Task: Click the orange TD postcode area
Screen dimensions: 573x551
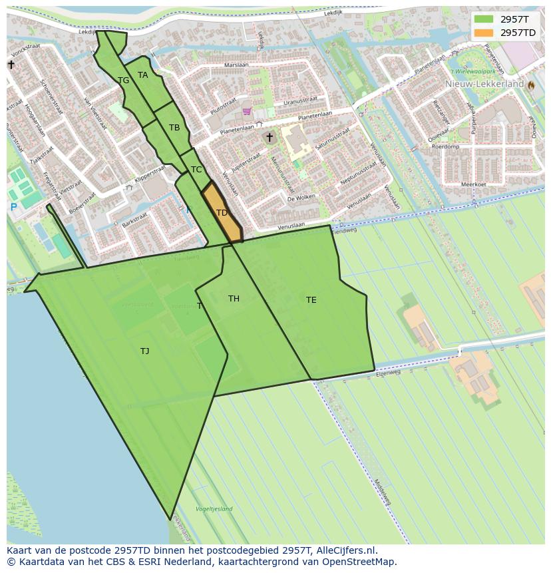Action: click(x=222, y=213)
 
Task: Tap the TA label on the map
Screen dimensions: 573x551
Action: click(x=142, y=75)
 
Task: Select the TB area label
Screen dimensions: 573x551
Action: click(x=174, y=128)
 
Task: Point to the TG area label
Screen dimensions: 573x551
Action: click(x=123, y=81)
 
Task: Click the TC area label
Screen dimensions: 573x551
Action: click(x=196, y=170)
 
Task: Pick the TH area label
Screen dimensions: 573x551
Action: click(x=234, y=299)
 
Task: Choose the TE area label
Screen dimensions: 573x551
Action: click(x=311, y=300)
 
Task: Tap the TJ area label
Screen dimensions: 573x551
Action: click(x=144, y=351)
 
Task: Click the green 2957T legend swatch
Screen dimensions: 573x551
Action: click(x=484, y=19)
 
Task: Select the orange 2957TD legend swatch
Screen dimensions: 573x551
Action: click(x=484, y=33)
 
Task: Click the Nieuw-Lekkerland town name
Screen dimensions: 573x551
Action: click(x=484, y=85)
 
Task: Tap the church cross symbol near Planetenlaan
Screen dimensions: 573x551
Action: click(x=269, y=138)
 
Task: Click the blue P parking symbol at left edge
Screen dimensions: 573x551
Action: click(x=13, y=208)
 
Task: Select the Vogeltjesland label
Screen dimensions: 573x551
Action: click(x=214, y=509)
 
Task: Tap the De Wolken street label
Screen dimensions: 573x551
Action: click(x=301, y=198)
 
